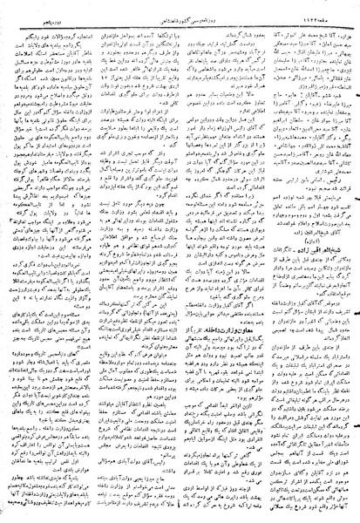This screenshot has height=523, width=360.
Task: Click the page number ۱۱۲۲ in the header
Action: pyautogui.click(x=320, y=7)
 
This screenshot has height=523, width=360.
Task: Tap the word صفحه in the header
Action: pyautogui.click(x=340, y=7)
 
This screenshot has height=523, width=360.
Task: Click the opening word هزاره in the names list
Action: pyautogui.click(x=344, y=18)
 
